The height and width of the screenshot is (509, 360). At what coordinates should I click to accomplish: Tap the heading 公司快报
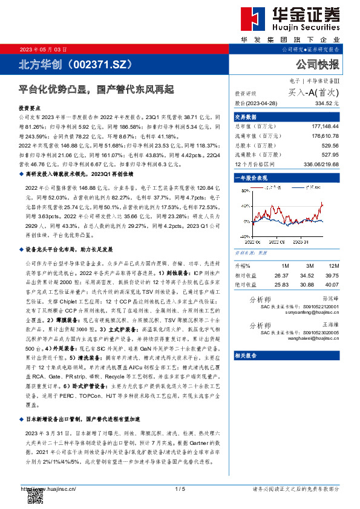(318, 65)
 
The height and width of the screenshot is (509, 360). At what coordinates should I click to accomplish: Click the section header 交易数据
(246, 117)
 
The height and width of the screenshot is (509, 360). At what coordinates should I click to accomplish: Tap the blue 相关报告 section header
(246, 355)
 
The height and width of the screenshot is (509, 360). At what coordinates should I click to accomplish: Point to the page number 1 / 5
(179, 488)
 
